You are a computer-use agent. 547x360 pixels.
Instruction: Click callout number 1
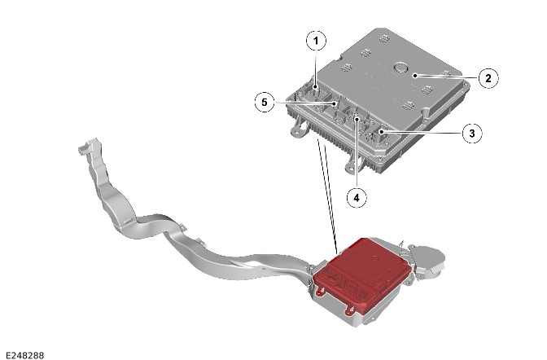(316, 41)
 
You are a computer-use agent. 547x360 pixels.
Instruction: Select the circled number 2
(488, 78)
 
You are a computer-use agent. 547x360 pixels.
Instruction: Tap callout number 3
(472, 133)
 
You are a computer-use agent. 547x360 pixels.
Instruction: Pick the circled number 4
(357, 198)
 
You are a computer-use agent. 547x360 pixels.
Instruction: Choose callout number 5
(265, 103)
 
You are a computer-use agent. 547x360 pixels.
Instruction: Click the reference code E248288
(25, 355)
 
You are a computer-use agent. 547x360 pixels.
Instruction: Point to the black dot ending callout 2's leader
(415, 76)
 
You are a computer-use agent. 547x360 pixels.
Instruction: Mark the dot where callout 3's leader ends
(382, 132)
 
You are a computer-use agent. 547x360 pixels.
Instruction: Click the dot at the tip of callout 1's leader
(316, 87)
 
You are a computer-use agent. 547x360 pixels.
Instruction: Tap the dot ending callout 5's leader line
(335, 103)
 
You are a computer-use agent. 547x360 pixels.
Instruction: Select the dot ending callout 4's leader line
(357, 120)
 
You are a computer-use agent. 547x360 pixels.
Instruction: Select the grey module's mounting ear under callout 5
(299, 130)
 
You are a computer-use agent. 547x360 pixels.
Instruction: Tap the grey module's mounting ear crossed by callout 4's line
(353, 165)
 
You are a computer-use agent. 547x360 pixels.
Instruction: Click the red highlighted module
(361, 274)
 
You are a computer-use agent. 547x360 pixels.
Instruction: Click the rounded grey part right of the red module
(427, 258)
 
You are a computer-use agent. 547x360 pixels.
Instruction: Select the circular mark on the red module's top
(375, 259)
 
